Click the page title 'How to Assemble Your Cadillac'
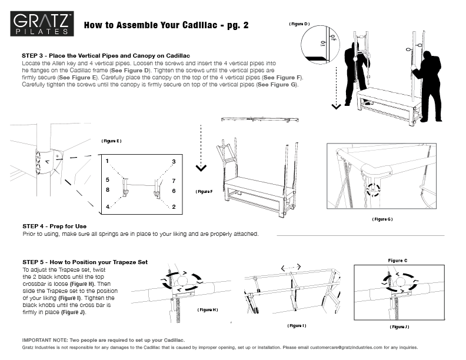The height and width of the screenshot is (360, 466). (x=167, y=25)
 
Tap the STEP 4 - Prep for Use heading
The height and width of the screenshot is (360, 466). (x=55, y=226)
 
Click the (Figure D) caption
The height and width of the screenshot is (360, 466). (x=299, y=24)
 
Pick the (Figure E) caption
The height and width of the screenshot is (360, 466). (x=111, y=141)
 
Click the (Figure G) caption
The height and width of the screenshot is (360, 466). (x=382, y=219)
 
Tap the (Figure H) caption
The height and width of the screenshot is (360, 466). (x=208, y=309)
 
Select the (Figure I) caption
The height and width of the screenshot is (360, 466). (x=296, y=325)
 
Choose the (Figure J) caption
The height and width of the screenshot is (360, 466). (x=399, y=326)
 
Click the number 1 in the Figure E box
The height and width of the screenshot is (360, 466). (x=108, y=161)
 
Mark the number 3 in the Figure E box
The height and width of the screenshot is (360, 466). (x=174, y=161)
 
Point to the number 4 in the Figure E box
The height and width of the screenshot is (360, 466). (x=108, y=208)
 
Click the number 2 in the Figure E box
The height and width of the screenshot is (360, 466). (x=174, y=207)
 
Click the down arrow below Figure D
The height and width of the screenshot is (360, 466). (x=336, y=106)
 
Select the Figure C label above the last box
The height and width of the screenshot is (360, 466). (x=397, y=261)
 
